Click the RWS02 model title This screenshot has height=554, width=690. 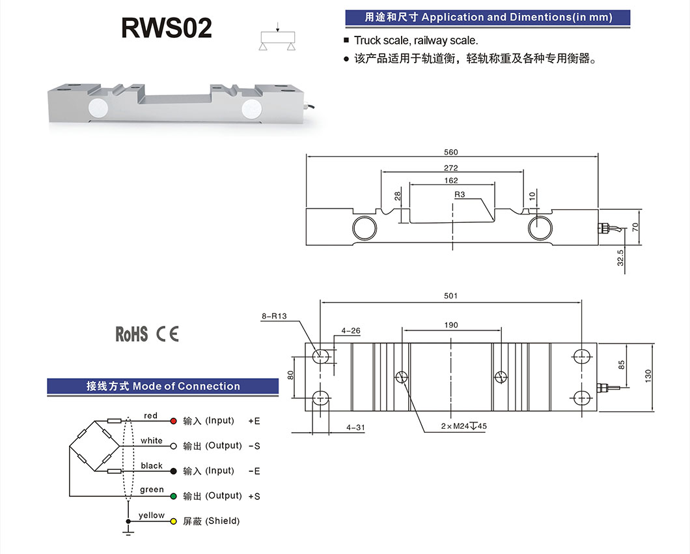click(167, 28)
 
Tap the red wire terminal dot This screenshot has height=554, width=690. click(174, 421)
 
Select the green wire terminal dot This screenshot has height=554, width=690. click(174, 497)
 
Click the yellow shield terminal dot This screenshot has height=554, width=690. click(174, 521)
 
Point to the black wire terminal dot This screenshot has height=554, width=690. click(174, 471)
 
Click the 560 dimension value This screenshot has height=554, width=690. click(451, 152)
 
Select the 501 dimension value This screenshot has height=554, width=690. click(451, 296)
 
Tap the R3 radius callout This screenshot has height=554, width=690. click(460, 195)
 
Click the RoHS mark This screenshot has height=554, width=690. click(131, 334)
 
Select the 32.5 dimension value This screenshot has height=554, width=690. click(620, 257)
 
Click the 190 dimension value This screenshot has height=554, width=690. click(451, 325)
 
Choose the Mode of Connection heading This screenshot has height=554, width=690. click(163, 386)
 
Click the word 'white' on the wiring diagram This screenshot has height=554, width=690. click(152, 441)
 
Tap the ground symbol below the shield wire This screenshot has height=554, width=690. click(128, 532)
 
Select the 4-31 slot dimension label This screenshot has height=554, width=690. click(355, 428)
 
